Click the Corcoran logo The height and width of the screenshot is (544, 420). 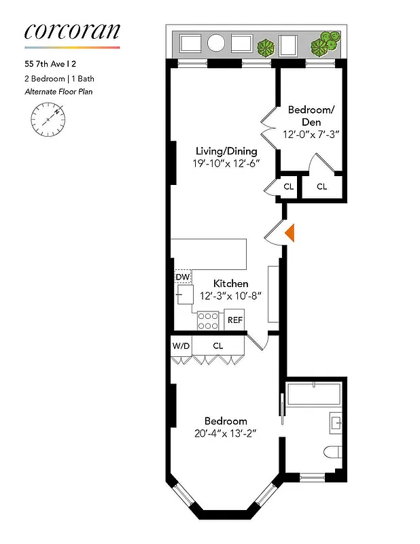pos(72,31)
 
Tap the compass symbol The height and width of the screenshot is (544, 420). pos(48,119)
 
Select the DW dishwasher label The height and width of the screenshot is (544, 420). pos(182,277)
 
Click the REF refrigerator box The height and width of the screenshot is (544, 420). pos(234,320)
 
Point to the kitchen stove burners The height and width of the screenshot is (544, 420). pos(208,320)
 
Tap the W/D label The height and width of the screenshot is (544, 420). pos(181,346)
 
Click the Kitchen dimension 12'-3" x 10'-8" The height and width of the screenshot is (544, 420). pos(230,296)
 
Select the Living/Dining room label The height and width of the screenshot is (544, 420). pos(226,151)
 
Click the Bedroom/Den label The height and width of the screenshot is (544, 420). pos(311,116)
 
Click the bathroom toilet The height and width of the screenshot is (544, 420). pos(332,452)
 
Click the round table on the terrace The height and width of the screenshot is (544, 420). pos(215,43)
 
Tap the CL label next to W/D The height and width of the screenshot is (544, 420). pos(217,346)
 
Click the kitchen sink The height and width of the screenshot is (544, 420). pos(184,295)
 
